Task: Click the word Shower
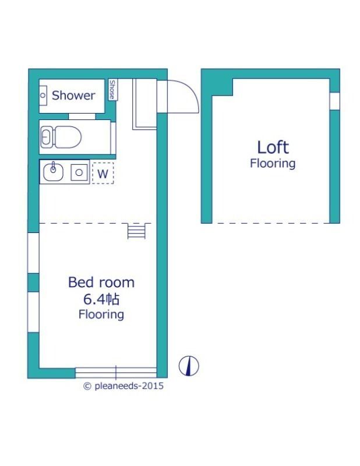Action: point(73,96)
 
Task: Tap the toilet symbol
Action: point(61,137)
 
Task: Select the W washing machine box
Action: point(103,173)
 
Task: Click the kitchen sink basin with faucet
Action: point(53,172)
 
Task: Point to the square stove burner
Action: point(79,172)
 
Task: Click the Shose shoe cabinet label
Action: point(112,90)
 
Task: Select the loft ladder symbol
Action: point(136,231)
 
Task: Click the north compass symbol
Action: point(189,366)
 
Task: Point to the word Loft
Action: point(273,147)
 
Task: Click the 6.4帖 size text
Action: point(101,299)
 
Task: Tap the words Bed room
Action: point(101,283)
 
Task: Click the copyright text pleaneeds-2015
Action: point(123,386)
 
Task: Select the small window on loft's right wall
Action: point(335,101)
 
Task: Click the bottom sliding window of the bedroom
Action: point(116,373)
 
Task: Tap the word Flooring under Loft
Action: point(273,164)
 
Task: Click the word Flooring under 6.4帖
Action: point(101,315)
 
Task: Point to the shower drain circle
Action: point(43,96)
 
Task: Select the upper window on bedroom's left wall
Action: point(33,253)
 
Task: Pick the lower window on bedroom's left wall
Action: point(33,312)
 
